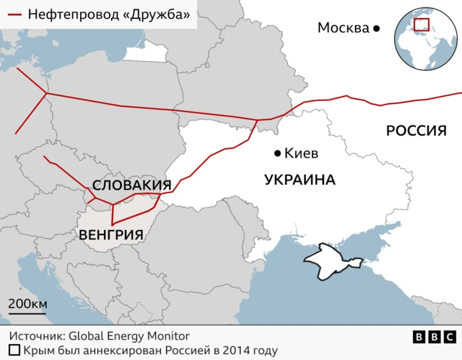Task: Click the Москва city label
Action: [x=344, y=28]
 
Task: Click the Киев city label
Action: [x=302, y=154]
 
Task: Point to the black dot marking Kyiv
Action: [x=276, y=153]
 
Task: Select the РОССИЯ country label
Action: [x=417, y=131]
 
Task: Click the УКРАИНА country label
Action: [x=300, y=180]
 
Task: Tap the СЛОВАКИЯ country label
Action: [x=131, y=185]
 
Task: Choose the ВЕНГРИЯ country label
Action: [x=110, y=234]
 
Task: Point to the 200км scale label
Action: [x=27, y=303]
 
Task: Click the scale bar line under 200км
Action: [x=27, y=313]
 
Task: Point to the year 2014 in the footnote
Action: [x=230, y=351]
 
